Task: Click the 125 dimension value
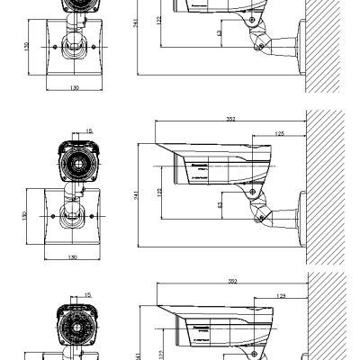tap(280, 133)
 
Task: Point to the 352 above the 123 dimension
tap(231, 281)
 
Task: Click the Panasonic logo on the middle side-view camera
tap(195, 163)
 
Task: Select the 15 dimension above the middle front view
tap(88, 130)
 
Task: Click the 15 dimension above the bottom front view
tap(88, 294)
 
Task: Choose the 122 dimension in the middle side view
tap(159, 192)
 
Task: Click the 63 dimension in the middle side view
tap(220, 205)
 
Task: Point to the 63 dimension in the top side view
tap(220, 32)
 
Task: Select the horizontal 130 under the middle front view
tap(71, 256)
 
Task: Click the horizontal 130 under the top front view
tap(71, 88)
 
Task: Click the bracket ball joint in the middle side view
tap(261, 214)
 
